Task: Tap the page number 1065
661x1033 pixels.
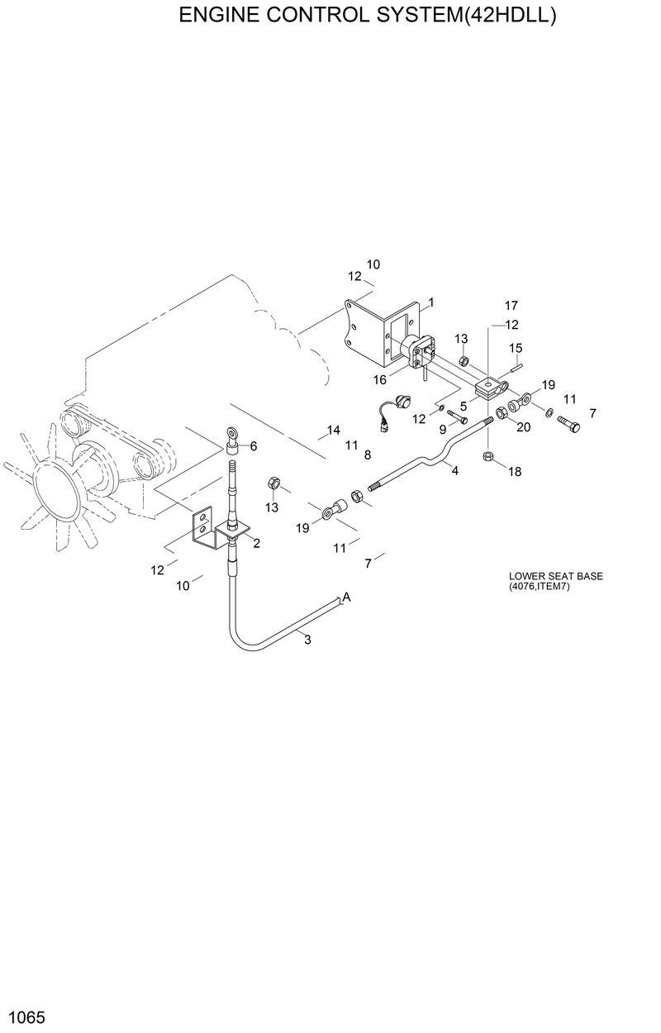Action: tap(26, 1015)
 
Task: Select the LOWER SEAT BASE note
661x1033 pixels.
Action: tap(555, 581)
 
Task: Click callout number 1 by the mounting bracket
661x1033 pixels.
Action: tap(431, 302)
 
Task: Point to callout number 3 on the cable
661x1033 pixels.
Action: tap(307, 640)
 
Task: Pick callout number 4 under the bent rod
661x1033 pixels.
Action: tap(454, 469)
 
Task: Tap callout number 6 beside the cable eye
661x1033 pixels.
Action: tap(253, 446)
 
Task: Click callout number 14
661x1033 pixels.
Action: tap(333, 430)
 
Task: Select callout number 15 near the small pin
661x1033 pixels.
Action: tap(516, 348)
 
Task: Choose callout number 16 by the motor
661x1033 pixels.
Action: tap(379, 379)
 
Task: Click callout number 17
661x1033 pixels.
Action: tap(511, 306)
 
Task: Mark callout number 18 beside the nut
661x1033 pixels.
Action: tap(515, 472)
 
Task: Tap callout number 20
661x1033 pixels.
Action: tap(523, 426)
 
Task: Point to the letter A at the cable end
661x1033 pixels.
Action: tap(347, 597)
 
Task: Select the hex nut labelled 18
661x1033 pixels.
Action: tap(488, 456)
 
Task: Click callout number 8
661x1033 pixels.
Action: tap(367, 455)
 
